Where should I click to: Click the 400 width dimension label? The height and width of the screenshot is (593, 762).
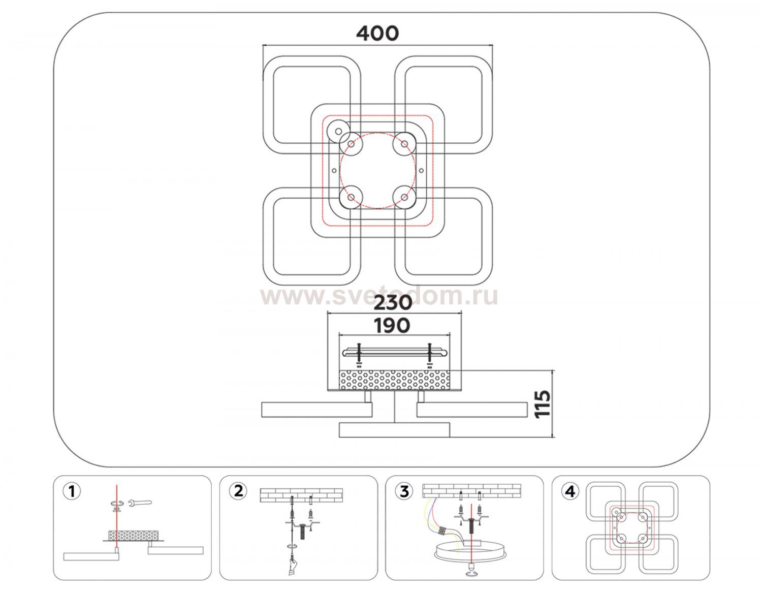pos(377,34)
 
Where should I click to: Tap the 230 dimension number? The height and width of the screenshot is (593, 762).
pos(393,303)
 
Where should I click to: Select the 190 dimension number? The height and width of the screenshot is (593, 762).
pos(393,325)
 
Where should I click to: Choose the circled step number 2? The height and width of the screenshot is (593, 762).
pos(237,491)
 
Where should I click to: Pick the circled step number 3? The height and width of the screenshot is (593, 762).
pos(404,491)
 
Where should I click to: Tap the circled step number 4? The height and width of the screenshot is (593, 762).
pos(570,491)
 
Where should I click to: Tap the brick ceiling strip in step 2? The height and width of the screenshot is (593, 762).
pos(301,495)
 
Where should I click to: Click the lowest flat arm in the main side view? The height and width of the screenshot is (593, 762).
pos(394,429)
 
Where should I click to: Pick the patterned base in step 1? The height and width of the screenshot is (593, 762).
pos(133,536)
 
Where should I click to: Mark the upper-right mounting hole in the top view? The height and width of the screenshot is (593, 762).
pos(404,144)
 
